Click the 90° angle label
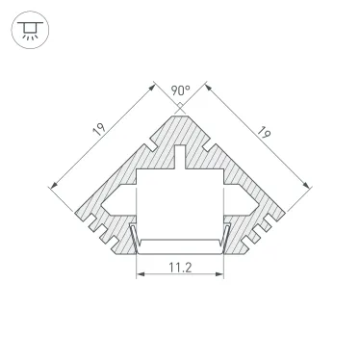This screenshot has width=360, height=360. pyautogui.click(x=179, y=90)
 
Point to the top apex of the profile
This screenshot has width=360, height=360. pyautogui.click(x=180, y=114)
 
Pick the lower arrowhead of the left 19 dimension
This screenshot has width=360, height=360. pyautogui.click(x=49, y=183)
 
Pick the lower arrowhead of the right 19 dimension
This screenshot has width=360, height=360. pyautogui.click(x=311, y=183)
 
